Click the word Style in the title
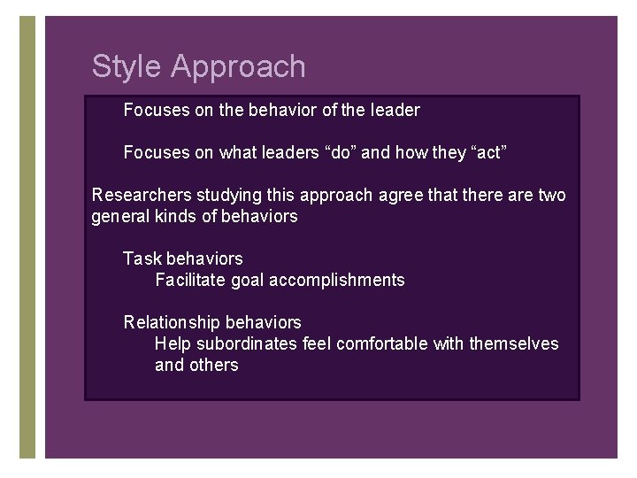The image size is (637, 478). [127, 67]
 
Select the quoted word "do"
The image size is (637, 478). [342, 152]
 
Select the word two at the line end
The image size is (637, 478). [551, 195]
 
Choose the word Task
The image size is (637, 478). [142, 258]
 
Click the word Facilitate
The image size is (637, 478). [188, 280]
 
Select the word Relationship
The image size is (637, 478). [172, 322]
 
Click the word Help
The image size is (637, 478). [173, 343]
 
